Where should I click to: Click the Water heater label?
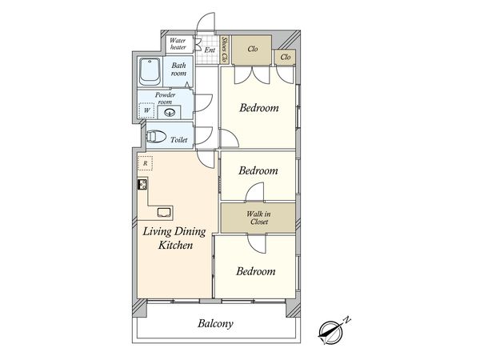point(178,44)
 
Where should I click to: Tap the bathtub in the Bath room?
point(150,72)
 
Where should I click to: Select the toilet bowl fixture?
point(156,136)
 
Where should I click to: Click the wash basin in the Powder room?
point(170,112)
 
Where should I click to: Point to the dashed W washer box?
point(146,110)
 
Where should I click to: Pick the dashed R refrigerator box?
point(145,163)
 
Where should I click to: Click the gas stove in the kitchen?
point(142,185)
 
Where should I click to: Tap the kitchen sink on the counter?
point(164,212)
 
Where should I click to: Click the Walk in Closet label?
point(258,218)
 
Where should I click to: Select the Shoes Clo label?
point(225,50)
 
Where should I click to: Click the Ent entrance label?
point(210,50)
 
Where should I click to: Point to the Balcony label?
point(215,323)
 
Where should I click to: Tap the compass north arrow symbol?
point(330,333)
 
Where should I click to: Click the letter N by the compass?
point(347,320)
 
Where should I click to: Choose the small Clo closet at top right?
point(285,57)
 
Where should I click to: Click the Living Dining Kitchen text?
point(174,238)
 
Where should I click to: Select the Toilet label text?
point(178,140)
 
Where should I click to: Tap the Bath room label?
point(178,69)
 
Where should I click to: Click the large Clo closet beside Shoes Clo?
point(252,50)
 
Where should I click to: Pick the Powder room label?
point(165,98)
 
